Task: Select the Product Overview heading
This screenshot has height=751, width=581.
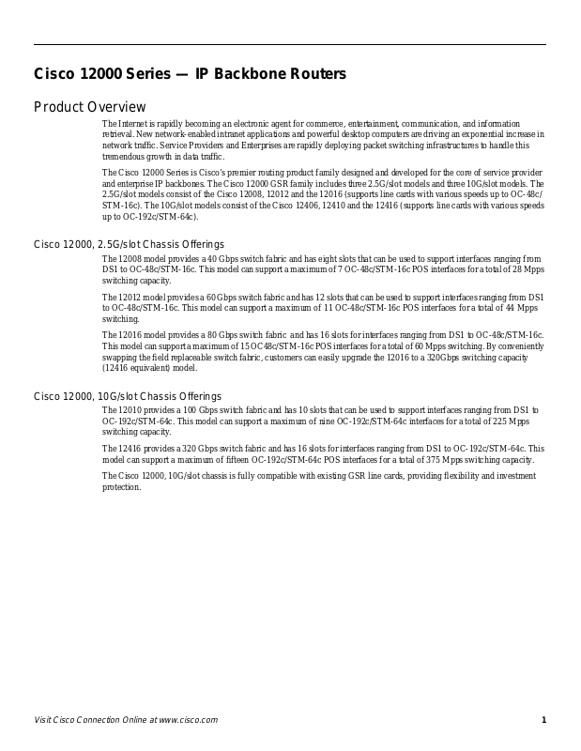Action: [x=90, y=107]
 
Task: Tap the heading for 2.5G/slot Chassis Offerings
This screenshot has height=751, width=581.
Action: [x=129, y=245]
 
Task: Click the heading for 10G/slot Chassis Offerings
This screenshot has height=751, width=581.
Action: [x=128, y=396]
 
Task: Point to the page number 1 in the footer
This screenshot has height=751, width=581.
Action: [x=543, y=720]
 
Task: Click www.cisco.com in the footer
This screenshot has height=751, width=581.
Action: [x=188, y=720]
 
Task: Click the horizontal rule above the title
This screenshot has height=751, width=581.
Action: [x=289, y=44]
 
